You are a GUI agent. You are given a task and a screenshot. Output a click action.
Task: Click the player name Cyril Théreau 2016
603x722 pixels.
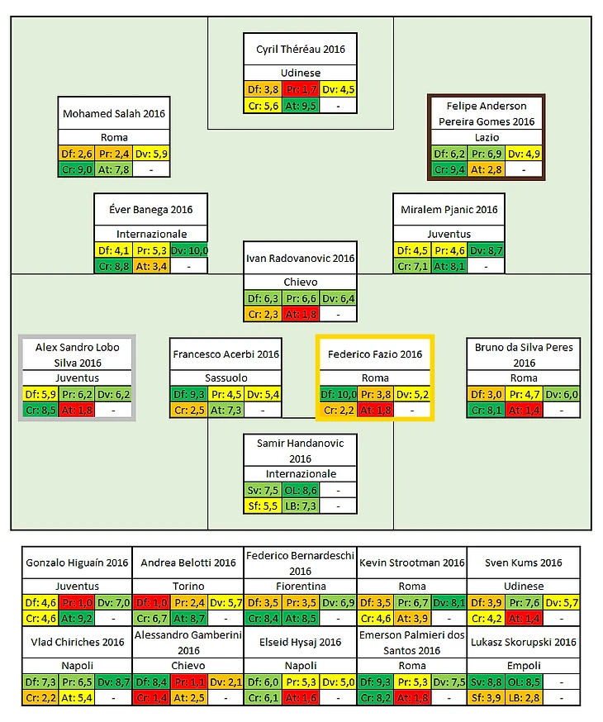click(x=300, y=50)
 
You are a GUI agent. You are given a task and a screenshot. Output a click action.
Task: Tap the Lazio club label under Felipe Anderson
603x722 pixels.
click(x=486, y=137)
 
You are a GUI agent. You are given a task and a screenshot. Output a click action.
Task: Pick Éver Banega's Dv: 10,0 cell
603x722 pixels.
click(x=189, y=250)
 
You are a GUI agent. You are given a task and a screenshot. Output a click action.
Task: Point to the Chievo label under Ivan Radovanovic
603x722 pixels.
click(x=300, y=283)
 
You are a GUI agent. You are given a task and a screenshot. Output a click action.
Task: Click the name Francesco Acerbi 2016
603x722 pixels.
click(x=226, y=354)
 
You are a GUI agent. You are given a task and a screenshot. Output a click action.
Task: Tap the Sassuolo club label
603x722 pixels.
click(x=226, y=378)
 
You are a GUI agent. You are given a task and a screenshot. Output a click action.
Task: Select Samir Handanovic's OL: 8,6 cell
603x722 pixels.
click(x=300, y=490)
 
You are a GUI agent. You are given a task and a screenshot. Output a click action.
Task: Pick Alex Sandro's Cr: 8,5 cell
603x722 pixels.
click(x=40, y=410)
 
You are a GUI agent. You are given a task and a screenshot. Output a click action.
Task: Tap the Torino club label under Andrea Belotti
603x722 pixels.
click(x=188, y=586)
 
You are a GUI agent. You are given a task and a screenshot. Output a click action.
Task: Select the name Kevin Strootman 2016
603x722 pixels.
click(x=411, y=563)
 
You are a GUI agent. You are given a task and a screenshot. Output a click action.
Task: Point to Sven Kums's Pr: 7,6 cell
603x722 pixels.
click(x=523, y=602)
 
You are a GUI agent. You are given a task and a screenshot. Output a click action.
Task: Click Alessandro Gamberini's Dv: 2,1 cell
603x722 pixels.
click(x=226, y=682)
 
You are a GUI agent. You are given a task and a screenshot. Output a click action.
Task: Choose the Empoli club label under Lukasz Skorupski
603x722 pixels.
click(x=523, y=665)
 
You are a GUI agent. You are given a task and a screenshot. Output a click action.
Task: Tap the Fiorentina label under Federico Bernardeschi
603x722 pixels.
click(x=300, y=586)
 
